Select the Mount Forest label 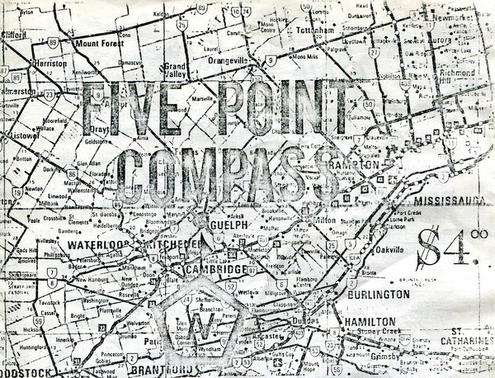coord(99,43)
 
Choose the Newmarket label coord(456,15)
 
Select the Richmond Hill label coord(455,72)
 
